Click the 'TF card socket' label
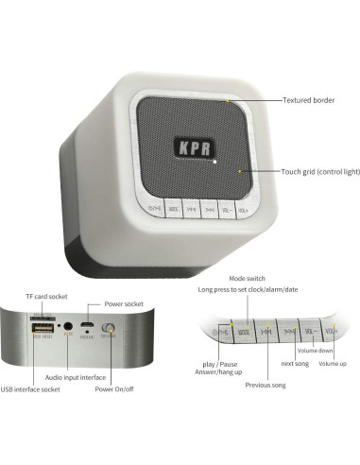click(x=45, y=296)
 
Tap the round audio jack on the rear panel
click(x=68, y=329)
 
